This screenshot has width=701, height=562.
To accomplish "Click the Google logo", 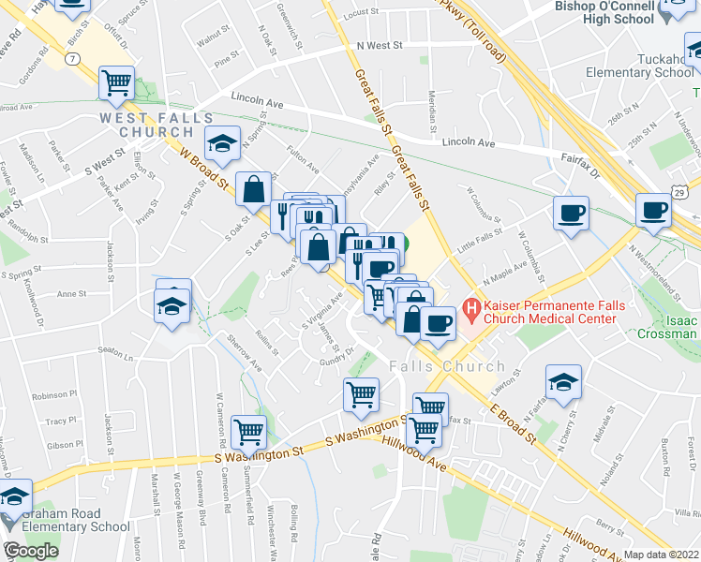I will [30, 551].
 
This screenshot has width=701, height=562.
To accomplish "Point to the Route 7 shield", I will [73, 59].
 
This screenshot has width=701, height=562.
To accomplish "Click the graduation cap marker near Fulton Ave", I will [222, 144].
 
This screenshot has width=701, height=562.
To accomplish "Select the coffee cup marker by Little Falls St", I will [570, 214].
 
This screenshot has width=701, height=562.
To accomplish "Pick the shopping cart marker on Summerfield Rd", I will [248, 432].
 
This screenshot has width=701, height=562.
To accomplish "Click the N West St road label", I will [379, 45].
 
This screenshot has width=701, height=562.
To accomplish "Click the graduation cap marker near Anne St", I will [173, 306].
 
